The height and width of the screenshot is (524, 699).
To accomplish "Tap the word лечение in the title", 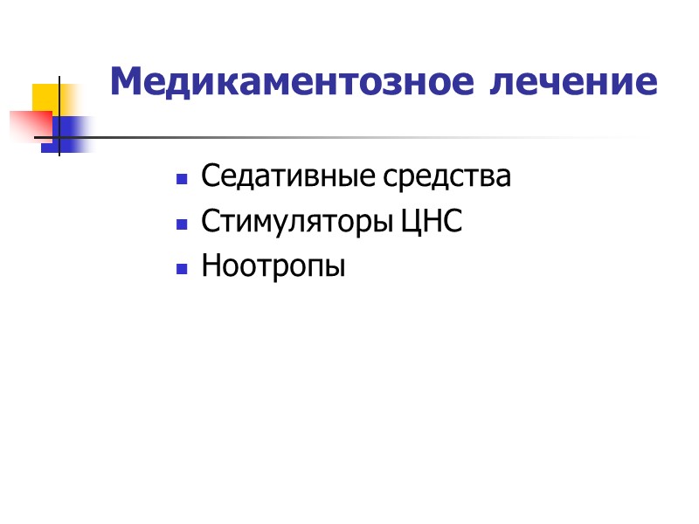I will click(572, 83).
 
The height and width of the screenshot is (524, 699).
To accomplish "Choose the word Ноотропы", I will click(273, 266).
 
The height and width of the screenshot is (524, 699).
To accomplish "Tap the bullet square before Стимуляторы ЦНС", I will click(182, 225).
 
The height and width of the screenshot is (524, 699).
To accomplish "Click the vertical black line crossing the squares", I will click(59, 114).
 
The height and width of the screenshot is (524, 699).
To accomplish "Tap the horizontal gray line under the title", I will click(349, 138).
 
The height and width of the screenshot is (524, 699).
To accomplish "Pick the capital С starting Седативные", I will click(209, 177).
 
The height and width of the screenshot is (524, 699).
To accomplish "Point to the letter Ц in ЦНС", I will click(410, 223).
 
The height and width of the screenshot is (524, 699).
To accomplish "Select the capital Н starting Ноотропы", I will click(210, 266).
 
